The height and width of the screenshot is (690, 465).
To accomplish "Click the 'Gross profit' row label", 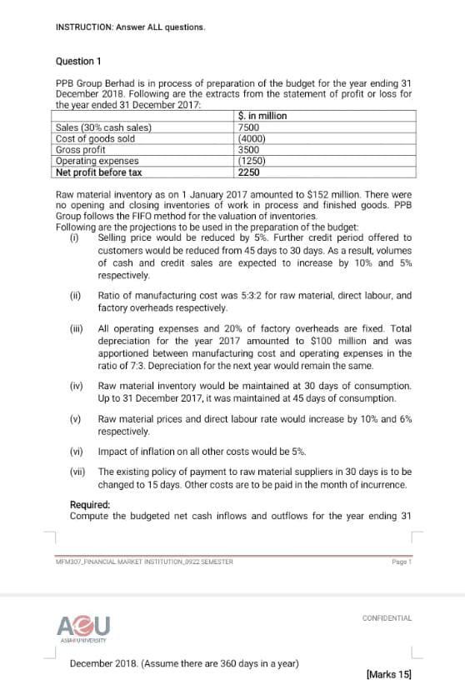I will (80, 150).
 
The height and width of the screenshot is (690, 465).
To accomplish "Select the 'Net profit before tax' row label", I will (98, 172).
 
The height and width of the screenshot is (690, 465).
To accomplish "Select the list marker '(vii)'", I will (78, 472).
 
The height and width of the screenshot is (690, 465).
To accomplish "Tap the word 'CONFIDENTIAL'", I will (387, 617).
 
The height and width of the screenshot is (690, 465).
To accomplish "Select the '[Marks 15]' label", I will (388, 672).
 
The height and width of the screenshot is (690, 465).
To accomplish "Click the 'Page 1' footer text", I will (402, 562).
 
